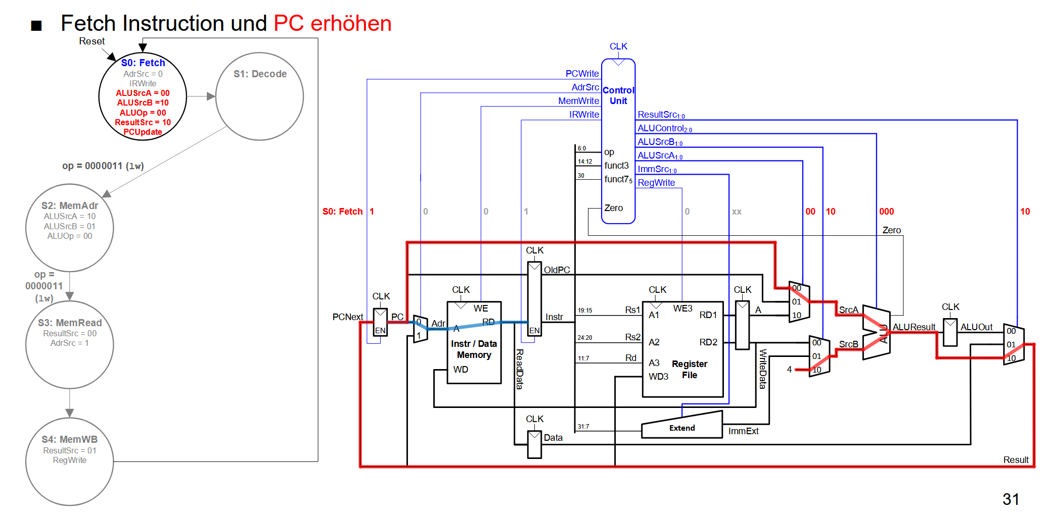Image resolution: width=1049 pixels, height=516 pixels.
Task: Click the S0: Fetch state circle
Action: [x=143, y=96]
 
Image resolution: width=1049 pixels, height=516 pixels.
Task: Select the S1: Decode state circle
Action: [x=259, y=96]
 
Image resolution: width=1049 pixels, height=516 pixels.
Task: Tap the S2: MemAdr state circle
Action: [x=69, y=228]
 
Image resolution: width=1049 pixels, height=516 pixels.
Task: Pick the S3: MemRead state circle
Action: [x=69, y=345]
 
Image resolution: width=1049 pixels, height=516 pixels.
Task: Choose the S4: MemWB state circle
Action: [x=69, y=461]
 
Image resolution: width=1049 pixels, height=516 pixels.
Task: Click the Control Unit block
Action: [x=618, y=141]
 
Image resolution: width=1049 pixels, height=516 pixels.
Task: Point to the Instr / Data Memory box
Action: [x=474, y=343]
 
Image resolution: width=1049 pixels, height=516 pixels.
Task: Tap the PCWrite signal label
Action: [x=582, y=74]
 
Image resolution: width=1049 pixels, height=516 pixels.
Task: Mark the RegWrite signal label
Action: [x=656, y=183]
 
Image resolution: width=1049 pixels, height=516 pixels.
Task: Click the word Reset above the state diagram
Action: [x=92, y=41]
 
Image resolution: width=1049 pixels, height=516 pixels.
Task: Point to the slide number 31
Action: [x=1011, y=499]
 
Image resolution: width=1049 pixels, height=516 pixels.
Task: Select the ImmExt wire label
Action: [x=743, y=431]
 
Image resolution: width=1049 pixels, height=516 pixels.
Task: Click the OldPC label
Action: [x=557, y=270]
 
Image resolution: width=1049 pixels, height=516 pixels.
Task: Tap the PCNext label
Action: [x=347, y=317]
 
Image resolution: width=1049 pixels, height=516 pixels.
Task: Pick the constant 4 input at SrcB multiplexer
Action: [x=789, y=370]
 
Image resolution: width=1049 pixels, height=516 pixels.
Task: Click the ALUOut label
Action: [x=976, y=327]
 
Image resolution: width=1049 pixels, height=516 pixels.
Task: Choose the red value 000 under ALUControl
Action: [x=886, y=212]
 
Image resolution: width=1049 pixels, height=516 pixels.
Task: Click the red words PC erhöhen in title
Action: [x=332, y=24]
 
